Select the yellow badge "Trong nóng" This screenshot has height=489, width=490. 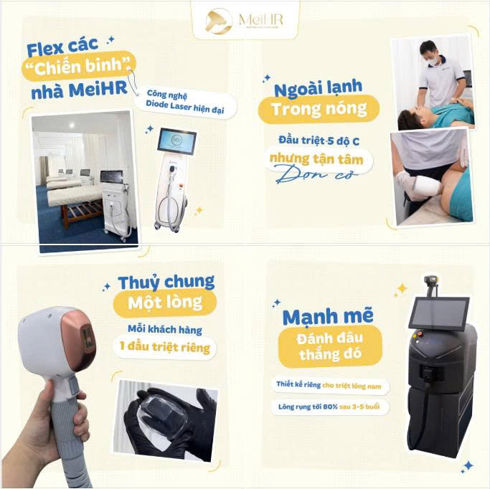(319, 109)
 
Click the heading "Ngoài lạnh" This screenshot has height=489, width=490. (319, 87)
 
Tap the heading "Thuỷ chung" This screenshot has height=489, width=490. (166, 281)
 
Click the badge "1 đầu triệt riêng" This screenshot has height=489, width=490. (165, 348)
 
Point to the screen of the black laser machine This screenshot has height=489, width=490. (438, 313)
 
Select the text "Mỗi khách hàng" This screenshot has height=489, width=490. (165, 329)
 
